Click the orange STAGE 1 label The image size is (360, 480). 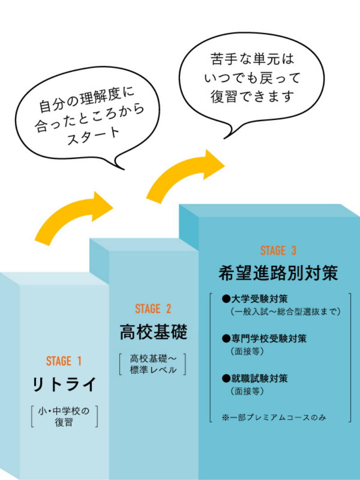pyautogui.click(x=64, y=361)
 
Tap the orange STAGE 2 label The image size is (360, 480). pyautogui.click(x=153, y=309)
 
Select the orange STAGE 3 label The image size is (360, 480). pyautogui.click(x=278, y=251)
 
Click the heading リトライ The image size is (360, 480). pyautogui.click(x=64, y=385)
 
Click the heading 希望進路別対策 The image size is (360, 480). pyautogui.click(x=278, y=273)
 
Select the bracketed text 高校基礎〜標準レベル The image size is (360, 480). pyautogui.click(x=153, y=364)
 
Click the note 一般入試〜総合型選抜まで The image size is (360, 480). pyautogui.click(x=284, y=311)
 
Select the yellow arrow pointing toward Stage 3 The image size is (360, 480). pyautogui.click(x=184, y=175)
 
